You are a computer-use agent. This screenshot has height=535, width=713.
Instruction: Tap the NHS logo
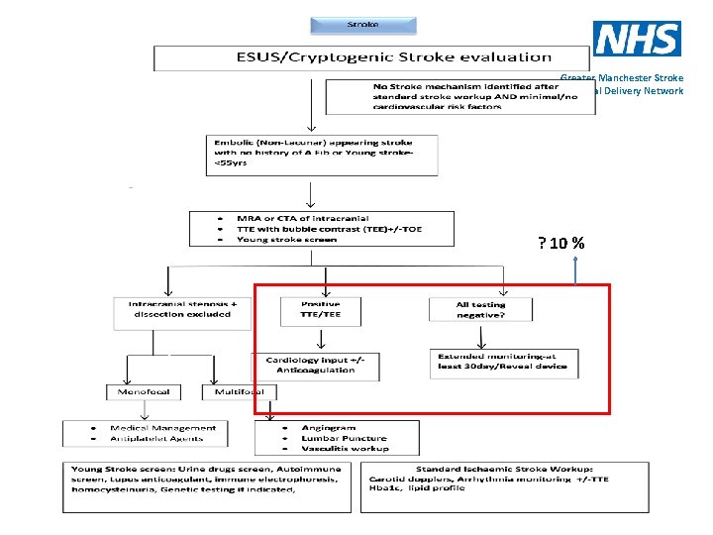point(637,39)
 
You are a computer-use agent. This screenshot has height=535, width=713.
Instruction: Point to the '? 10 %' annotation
point(560,244)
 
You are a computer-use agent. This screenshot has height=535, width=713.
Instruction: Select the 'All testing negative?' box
point(480,310)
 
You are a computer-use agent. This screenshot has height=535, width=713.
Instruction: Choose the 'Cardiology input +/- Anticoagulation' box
point(316,364)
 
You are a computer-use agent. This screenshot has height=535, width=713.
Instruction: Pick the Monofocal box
point(144,391)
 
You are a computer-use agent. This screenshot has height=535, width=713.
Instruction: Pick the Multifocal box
point(233,391)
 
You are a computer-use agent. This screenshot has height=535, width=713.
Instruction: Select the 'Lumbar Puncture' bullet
point(345,438)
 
